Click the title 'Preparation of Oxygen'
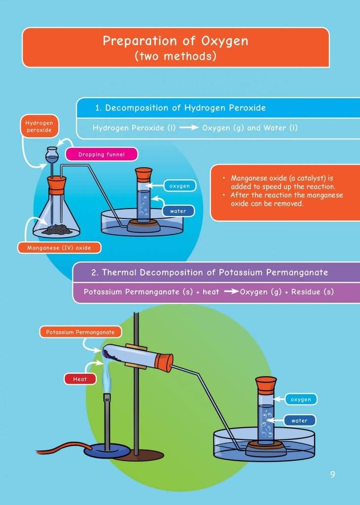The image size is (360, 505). coord(175,41)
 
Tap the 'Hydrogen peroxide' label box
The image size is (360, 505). coord(39,126)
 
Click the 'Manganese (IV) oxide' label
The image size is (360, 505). coord(59,247)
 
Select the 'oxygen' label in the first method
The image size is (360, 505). coord(179,186)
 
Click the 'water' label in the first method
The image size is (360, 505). coord(178,211)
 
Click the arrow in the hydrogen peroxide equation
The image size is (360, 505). coord(188,128)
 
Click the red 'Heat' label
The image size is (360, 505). coord(79,379)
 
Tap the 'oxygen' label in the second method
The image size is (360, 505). coord(300,399)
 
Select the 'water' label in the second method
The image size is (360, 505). coord(299,421)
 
